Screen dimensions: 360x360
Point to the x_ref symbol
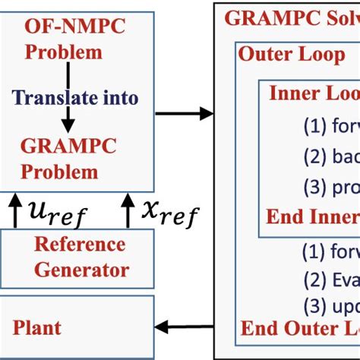169,212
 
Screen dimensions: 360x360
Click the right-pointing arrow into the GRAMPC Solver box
183,113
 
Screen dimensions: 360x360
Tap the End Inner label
311,216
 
